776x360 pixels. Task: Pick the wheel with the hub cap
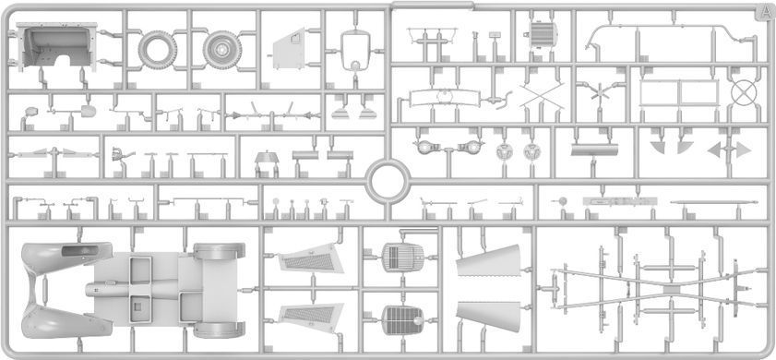[x=222, y=50]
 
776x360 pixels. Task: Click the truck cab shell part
[x=57, y=47]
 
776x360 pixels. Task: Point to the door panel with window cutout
[x=289, y=49]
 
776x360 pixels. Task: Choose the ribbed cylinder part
[x=543, y=35]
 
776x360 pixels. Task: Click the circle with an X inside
[x=744, y=93]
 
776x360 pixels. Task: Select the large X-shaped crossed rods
[x=542, y=94]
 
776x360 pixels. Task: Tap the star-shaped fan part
[x=600, y=92]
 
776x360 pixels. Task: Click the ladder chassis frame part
[x=658, y=287]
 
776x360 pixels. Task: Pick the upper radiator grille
[x=403, y=257]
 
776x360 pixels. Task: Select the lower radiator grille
[x=403, y=320]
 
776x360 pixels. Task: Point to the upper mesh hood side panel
[x=311, y=258]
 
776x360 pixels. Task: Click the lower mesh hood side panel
[x=311, y=317]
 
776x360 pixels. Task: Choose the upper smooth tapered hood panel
[x=488, y=260]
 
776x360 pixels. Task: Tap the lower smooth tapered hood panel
[x=488, y=316]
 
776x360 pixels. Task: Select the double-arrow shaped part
[x=729, y=150]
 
